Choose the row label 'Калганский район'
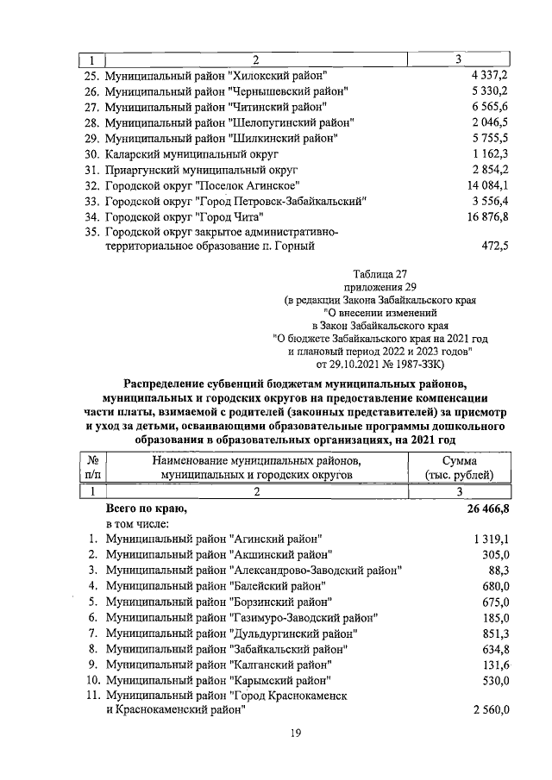pos(216,665)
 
